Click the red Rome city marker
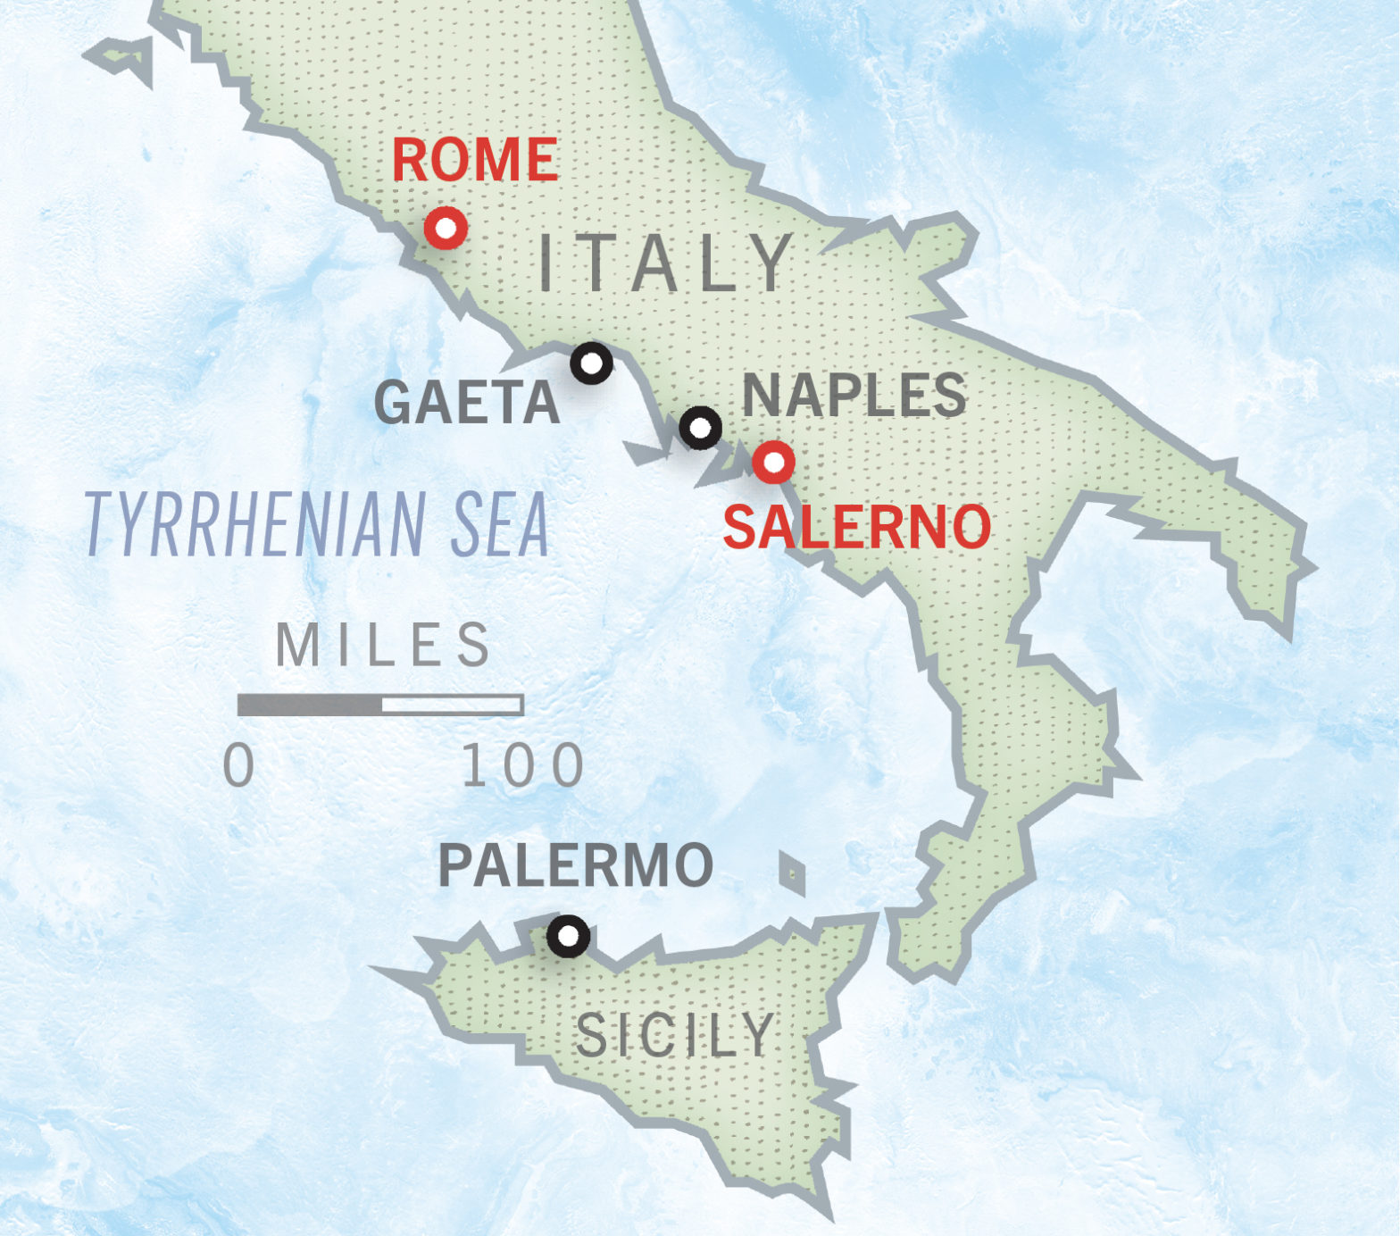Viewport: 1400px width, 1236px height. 446,229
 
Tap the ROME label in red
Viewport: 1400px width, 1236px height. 475,160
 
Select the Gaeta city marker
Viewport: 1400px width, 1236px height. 591,363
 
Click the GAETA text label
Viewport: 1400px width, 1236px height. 466,403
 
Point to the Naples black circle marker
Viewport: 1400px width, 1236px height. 701,428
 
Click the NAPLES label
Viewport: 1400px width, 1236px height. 854,395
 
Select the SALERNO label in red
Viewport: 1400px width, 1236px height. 856,527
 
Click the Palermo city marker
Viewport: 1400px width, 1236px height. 568,936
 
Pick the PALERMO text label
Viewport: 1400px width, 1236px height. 576,864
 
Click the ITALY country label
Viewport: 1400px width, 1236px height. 666,263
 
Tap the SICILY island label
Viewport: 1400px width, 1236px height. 675,1035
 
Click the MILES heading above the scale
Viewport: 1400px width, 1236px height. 383,645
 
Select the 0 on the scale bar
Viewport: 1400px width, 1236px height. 239,765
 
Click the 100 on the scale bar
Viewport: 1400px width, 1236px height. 523,765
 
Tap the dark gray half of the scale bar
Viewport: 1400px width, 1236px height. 310,706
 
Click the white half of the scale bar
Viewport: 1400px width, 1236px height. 452,706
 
